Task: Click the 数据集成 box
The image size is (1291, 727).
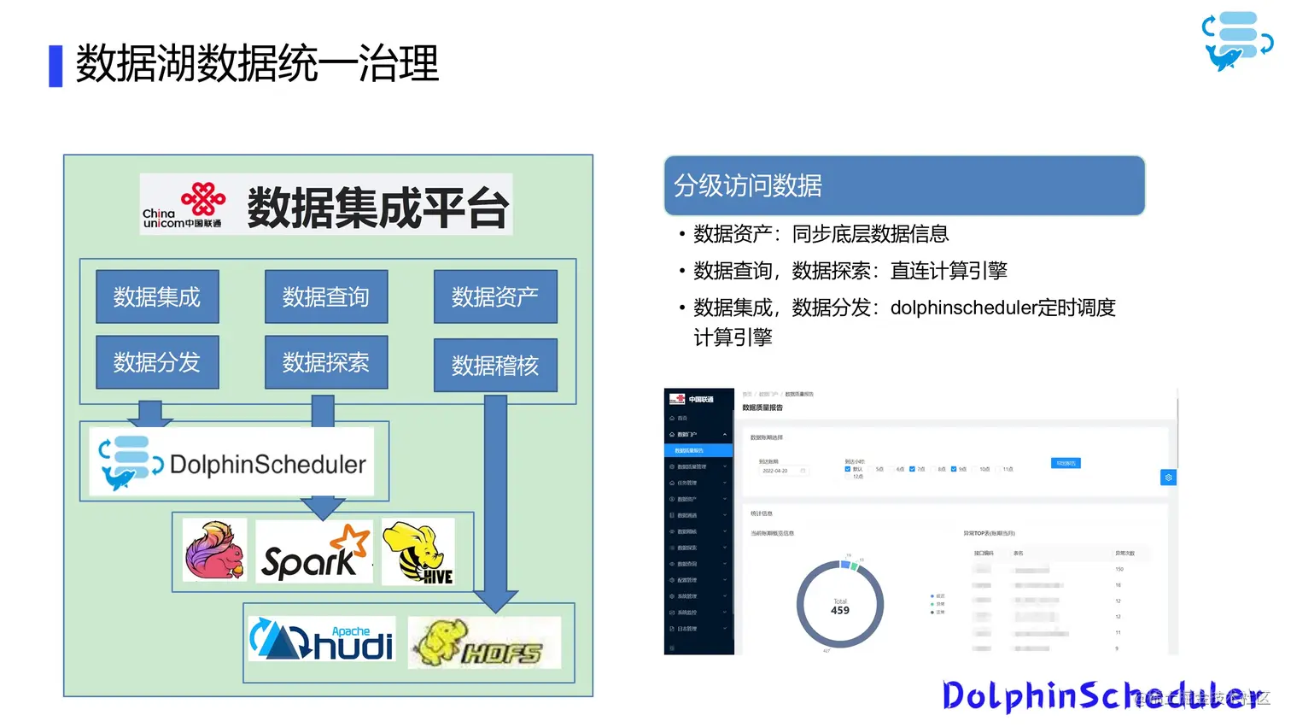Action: tap(157, 296)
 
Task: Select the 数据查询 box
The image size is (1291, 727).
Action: tap(326, 296)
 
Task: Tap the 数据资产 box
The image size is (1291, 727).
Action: tap(495, 296)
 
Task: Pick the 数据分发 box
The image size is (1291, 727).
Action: tap(157, 362)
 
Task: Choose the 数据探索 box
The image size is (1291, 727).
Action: tap(326, 362)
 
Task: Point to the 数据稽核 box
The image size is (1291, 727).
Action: tap(495, 366)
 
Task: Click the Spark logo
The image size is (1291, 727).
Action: tap(314, 553)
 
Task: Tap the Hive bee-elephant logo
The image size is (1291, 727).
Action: tap(418, 553)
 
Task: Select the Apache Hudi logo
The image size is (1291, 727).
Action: tap(322, 639)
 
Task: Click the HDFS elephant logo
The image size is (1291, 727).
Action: tap(484, 642)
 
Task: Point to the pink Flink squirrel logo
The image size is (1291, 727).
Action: tap(214, 551)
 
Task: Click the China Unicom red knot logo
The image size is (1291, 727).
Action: tap(203, 199)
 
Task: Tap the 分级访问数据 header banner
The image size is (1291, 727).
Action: tap(903, 185)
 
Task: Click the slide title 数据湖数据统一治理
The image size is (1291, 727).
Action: tap(257, 64)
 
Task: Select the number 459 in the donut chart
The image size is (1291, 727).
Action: tap(840, 611)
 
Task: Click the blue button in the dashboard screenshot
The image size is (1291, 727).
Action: tap(1066, 463)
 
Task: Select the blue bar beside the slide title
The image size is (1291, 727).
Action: tap(55, 66)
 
